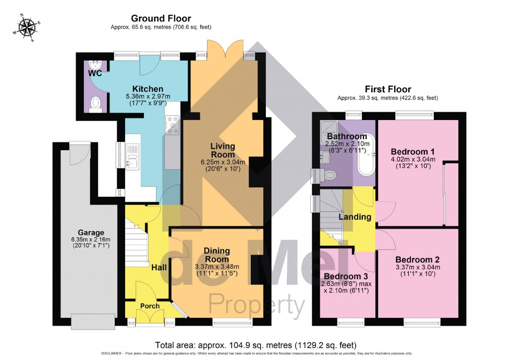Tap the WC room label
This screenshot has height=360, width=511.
(95, 74)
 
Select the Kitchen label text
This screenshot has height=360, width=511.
(133, 89)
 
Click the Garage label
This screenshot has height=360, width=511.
(91, 233)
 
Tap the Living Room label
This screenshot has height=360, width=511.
(223, 150)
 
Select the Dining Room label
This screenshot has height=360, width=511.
(216, 255)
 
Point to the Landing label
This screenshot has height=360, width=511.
(355, 217)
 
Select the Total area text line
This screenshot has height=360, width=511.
(256, 345)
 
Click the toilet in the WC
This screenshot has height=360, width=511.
(95, 106)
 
